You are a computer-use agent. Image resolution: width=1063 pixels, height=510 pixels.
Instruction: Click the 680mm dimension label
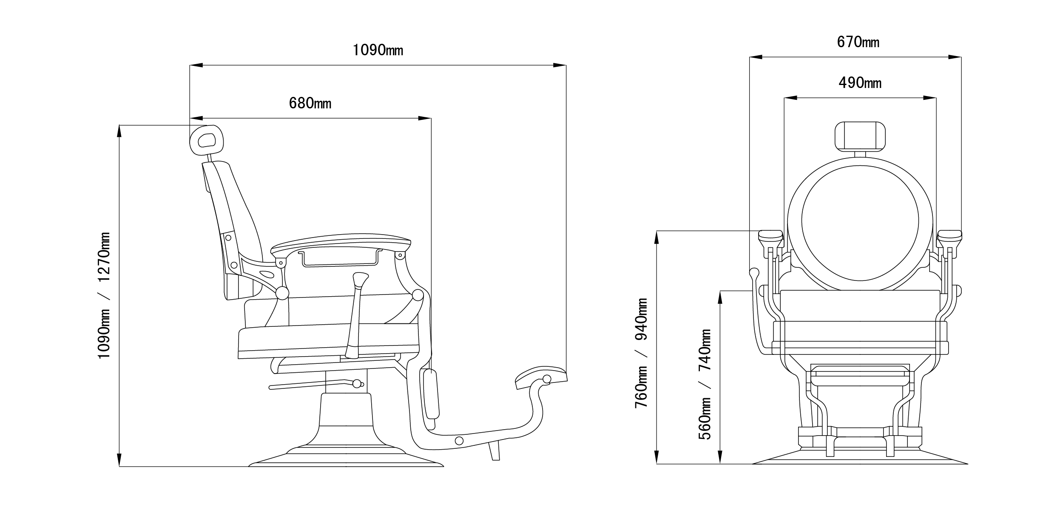[x=310, y=103]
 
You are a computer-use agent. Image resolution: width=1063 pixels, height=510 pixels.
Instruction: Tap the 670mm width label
[x=858, y=42]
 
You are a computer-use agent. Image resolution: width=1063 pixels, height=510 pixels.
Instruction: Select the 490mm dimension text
[x=860, y=83]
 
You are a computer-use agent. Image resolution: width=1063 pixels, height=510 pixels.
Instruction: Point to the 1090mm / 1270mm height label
[x=104, y=295]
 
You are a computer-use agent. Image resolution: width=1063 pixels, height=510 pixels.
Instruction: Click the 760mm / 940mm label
[x=641, y=353]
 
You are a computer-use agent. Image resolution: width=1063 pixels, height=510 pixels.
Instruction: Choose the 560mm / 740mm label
[x=705, y=385]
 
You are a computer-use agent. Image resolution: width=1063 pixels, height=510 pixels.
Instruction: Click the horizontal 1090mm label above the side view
[x=378, y=50]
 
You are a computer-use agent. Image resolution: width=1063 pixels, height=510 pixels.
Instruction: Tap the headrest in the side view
[x=206, y=140]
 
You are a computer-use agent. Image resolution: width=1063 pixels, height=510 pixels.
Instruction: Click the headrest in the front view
[x=860, y=136]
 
